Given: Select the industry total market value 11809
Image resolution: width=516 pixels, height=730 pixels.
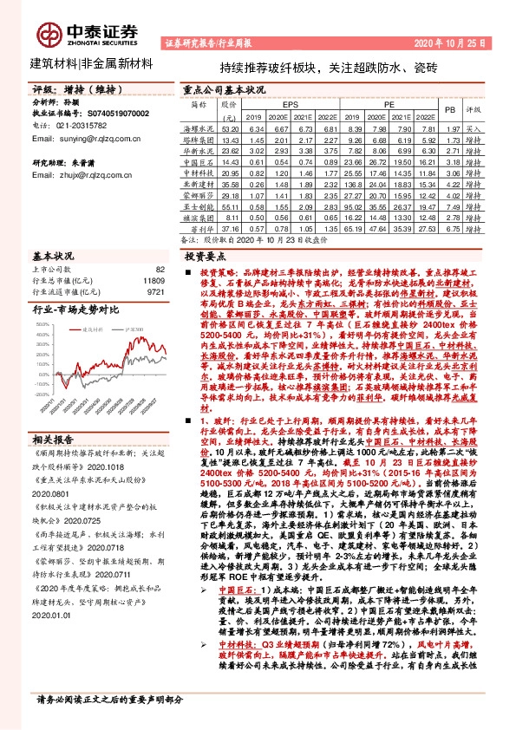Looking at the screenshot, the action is [x=153, y=282].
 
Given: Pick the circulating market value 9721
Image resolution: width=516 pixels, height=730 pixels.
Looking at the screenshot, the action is [x=155, y=293].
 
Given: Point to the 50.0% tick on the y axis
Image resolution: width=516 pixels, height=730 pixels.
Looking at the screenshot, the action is [x=43, y=323].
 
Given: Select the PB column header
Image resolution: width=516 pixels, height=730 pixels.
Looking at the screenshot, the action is [x=448, y=110].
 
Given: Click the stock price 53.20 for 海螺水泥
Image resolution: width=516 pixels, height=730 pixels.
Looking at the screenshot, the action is [x=230, y=127].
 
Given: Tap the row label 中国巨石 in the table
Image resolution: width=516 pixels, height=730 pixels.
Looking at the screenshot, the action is [x=200, y=161].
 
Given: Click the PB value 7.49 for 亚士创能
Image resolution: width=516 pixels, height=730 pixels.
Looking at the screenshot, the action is [x=448, y=207].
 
